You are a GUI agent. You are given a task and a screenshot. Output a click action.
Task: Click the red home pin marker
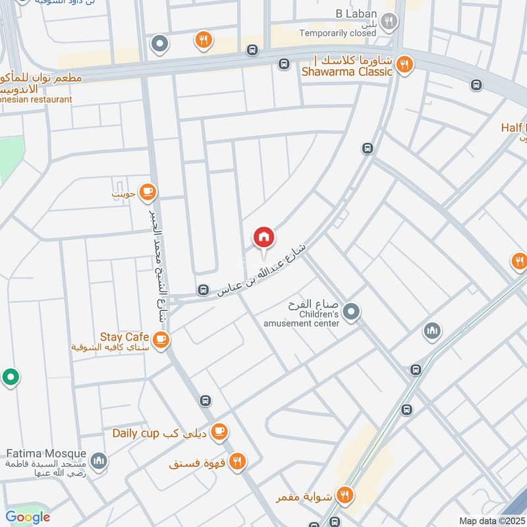[x=264, y=238]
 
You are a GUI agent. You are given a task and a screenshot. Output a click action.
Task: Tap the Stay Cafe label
[x=125, y=337]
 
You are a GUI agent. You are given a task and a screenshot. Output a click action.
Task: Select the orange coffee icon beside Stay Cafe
[x=160, y=340]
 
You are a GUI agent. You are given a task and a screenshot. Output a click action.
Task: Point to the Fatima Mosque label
[x=46, y=454]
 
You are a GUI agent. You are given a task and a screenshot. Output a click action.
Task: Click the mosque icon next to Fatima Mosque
[x=99, y=460]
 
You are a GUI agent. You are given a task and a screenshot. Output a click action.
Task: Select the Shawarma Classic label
[x=348, y=72]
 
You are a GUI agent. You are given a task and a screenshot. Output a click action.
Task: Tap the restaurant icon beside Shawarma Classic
[x=404, y=65]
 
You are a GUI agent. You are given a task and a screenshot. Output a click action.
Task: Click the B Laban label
[x=356, y=13]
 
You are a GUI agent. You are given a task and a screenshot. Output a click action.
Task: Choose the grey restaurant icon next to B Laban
[x=390, y=21]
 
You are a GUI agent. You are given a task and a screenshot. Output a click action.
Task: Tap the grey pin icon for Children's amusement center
[x=352, y=311]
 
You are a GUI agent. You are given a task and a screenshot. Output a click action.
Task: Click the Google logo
[x=28, y=517]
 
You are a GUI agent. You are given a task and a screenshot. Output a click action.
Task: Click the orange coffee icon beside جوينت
[x=148, y=192]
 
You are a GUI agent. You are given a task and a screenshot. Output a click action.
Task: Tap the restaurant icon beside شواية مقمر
[x=344, y=494]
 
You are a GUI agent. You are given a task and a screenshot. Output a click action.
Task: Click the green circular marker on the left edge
[x=10, y=377]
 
